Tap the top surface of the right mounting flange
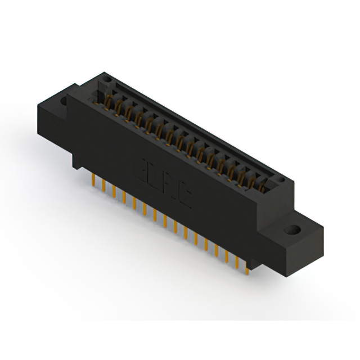point(298,225)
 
